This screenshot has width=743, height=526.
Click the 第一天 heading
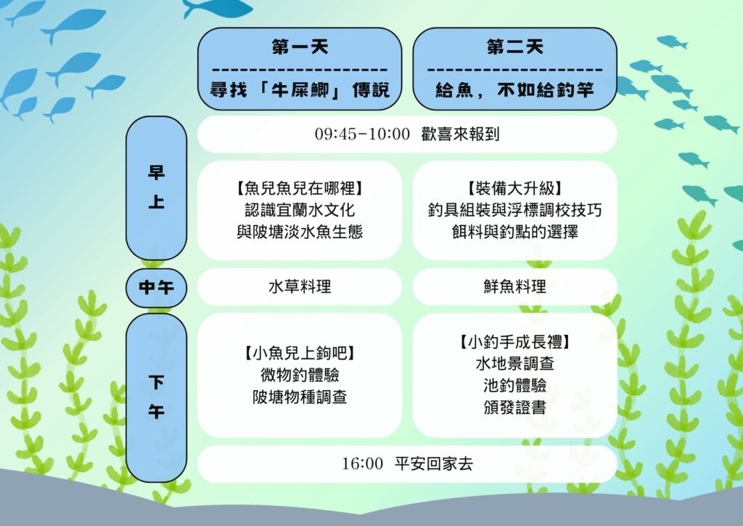point(300,47)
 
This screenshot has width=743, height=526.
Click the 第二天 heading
point(515,47)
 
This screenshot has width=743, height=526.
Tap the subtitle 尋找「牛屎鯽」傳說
point(300,89)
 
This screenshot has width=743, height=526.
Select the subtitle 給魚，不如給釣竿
point(515,89)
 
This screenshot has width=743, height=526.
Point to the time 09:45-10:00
point(363,134)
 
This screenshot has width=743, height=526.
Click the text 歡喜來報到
point(460,134)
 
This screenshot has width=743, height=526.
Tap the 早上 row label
point(157,187)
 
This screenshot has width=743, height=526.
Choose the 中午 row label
point(157,288)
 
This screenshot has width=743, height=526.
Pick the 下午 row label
point(157,397)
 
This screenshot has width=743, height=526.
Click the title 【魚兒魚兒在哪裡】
point(300,188)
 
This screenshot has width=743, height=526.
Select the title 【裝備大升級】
point(515,188)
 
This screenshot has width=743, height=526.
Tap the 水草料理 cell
point(300,286)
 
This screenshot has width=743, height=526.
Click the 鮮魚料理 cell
point(515,286)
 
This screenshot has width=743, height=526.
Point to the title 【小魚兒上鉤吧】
point(300,353)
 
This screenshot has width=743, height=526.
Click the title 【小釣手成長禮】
point(515,342)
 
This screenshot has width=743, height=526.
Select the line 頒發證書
point(515,408)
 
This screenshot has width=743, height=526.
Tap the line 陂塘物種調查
point(300,397)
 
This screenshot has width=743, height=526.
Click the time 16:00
point(363,464)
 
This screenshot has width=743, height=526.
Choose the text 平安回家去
point(434,464)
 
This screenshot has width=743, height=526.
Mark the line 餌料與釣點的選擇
point(515,232)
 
